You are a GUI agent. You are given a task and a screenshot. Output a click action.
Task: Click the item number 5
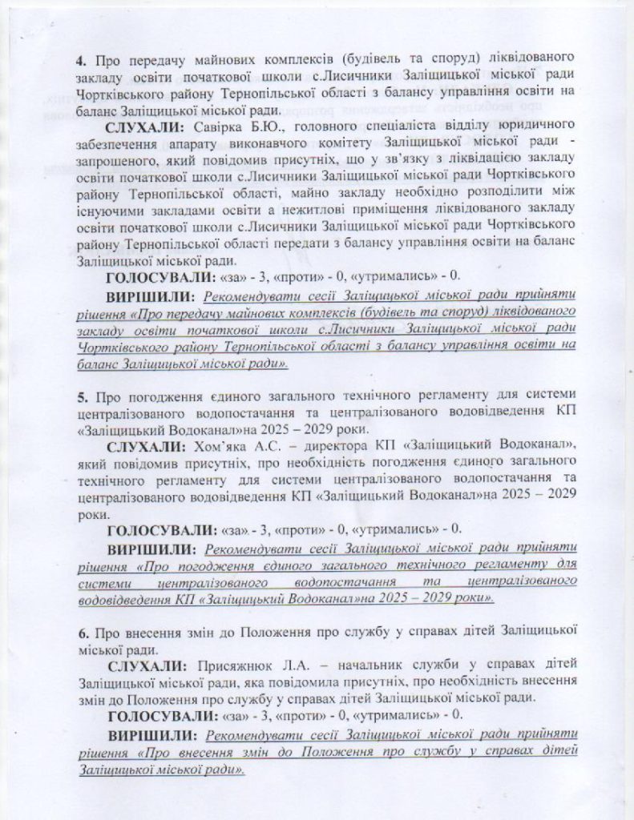(x=82, y=398)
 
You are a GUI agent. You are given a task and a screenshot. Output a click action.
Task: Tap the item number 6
(x=82, y=630)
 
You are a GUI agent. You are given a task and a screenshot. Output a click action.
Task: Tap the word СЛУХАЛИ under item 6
(x=147, y=665)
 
